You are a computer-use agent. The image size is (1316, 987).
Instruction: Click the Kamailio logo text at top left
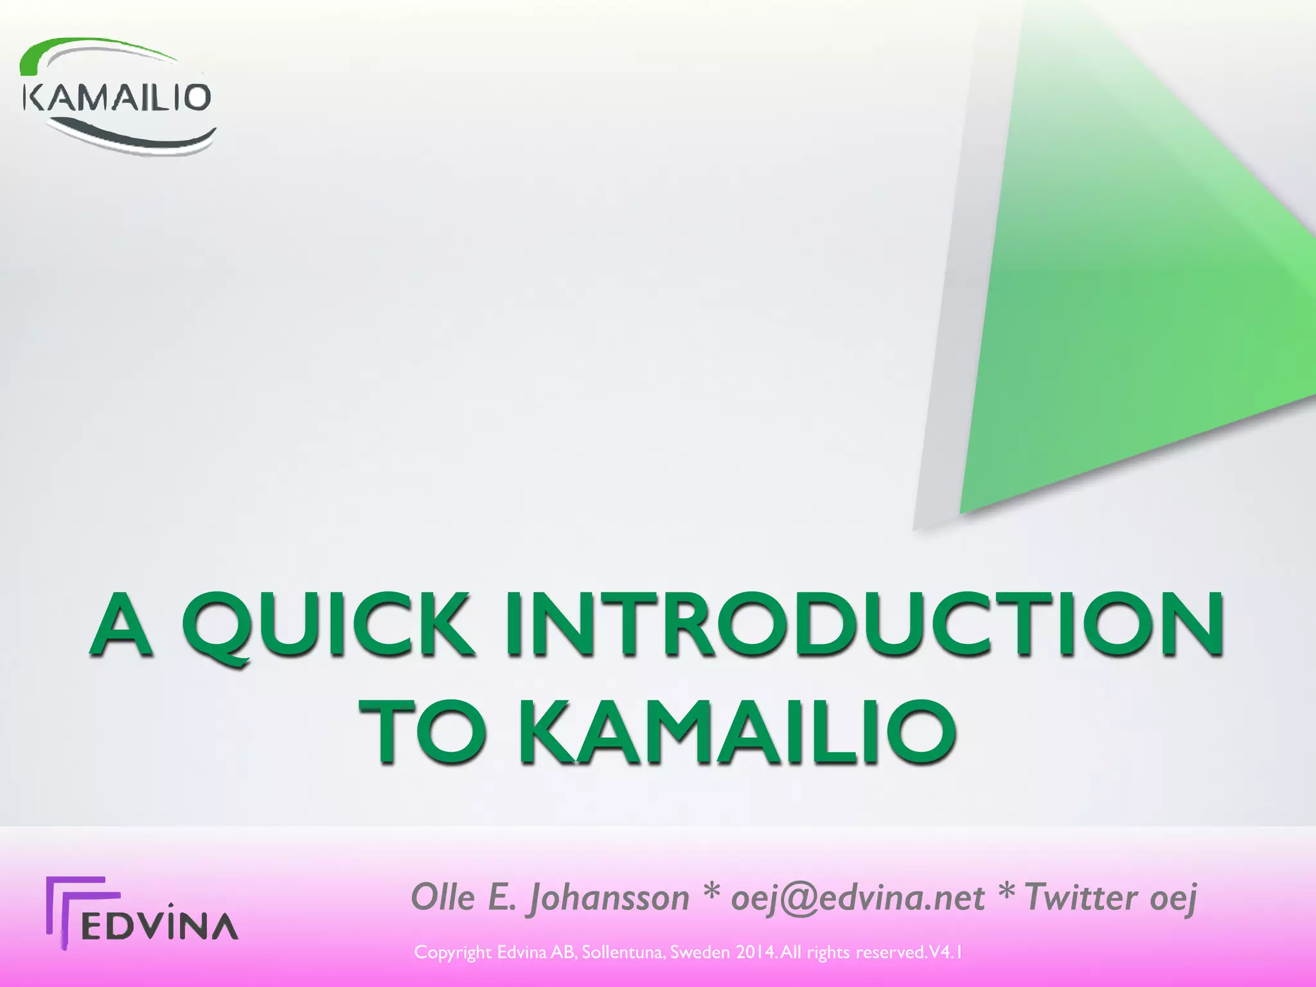point(116,98)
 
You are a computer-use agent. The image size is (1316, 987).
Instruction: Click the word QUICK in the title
point(328,625)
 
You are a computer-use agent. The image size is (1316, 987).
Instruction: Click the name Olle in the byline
point(443,897)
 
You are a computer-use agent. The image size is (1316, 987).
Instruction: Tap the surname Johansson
point(608,898)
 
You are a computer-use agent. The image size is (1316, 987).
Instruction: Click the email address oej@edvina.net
point(857,898)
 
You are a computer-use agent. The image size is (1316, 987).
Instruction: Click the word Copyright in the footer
point(453,953)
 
